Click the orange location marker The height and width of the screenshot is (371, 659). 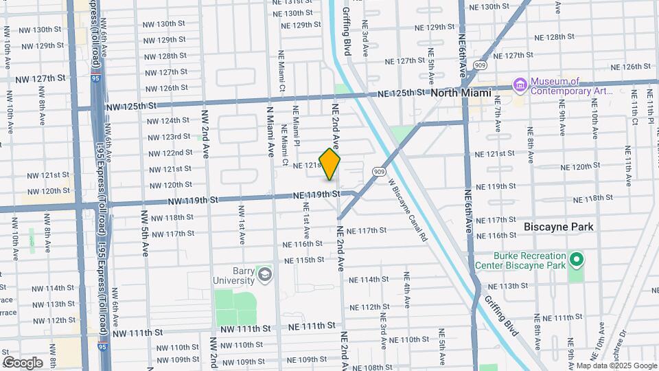[x=329, y=164]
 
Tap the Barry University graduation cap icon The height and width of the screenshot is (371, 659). [x=264, y=276]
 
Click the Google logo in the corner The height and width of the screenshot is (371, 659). [x=22, y=362]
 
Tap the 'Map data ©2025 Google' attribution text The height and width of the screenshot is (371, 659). [x=615, y=366]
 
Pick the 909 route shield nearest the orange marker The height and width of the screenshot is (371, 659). [x=378, y=170]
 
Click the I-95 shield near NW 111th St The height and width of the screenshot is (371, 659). [x=102, y=347]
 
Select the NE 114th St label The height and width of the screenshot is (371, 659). [x=369, y=280]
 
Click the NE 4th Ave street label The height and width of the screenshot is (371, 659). [x=406, y=293]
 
